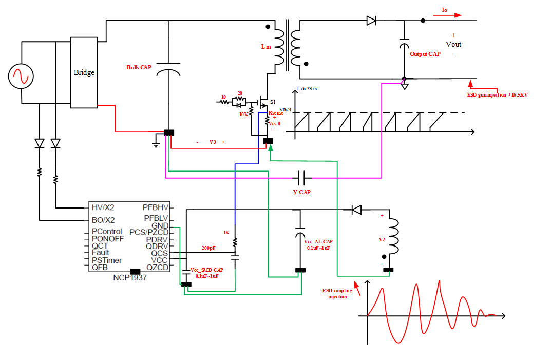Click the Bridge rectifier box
[84, 72]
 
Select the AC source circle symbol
[21, 77]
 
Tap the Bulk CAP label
[139, 67]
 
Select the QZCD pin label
[157, 267]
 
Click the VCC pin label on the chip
[159, 260]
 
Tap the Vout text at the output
[453, 44]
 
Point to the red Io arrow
[447, 15]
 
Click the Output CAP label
[425, 54]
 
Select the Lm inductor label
[265, 47]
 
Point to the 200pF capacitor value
[208, 248]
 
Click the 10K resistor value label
[243, 115]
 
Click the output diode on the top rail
[371, 21]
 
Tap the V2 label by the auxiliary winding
[382, 239]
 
